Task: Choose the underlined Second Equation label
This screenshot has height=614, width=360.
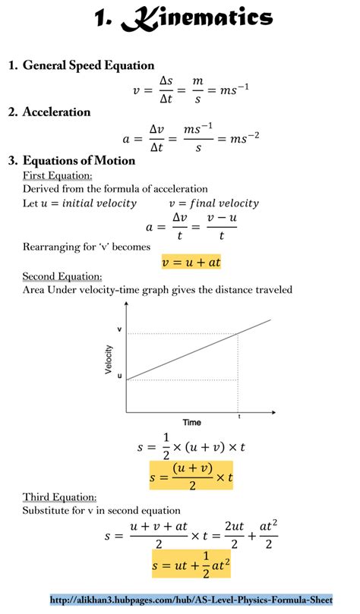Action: click(62, 276)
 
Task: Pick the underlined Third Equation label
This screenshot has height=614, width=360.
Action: click(59, 497)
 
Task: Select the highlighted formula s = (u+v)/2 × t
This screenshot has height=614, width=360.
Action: click(191, 475)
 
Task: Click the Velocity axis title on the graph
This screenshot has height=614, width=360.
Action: click(109, 360)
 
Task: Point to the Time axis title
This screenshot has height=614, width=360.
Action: click(191, 422)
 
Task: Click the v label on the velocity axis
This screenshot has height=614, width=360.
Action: click(118, 329)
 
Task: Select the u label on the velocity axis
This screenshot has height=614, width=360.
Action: click(118, 376)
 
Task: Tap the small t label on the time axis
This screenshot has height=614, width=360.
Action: click(239, 417)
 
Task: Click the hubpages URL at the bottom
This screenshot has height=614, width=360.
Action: click(191, 600)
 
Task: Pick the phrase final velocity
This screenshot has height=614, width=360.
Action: click(224, 203)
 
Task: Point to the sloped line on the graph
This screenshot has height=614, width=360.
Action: click(197, 349)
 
